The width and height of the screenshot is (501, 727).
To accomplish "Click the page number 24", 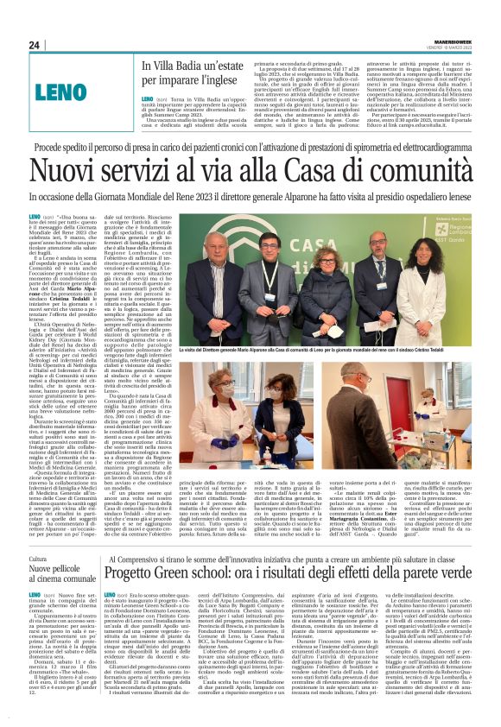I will [34, 44].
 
